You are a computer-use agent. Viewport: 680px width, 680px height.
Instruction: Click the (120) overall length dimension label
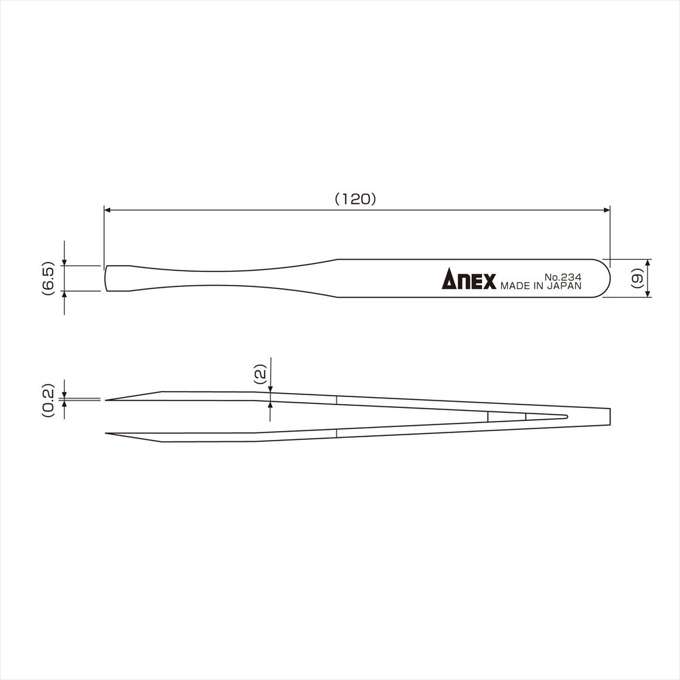356,199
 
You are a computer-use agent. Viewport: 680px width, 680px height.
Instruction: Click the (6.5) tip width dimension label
48,277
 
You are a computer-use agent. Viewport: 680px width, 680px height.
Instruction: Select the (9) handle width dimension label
636,278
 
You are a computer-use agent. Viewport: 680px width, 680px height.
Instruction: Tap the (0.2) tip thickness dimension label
48,400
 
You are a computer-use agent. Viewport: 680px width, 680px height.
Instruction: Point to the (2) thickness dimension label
260,375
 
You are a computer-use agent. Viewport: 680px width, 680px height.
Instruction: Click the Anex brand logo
469,279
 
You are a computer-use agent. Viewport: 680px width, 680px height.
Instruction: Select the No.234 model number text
562,277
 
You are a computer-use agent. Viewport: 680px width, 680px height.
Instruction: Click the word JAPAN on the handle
564,287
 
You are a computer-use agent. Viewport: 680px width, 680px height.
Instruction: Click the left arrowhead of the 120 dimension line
108,211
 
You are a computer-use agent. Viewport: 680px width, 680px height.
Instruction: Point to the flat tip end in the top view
105,278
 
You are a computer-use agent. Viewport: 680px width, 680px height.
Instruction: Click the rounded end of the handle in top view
605,278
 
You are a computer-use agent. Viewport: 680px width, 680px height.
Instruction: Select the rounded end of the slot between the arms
566,416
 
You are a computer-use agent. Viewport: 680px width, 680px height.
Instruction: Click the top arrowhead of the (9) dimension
647,262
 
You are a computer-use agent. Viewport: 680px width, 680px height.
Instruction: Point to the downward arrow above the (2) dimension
271,387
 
